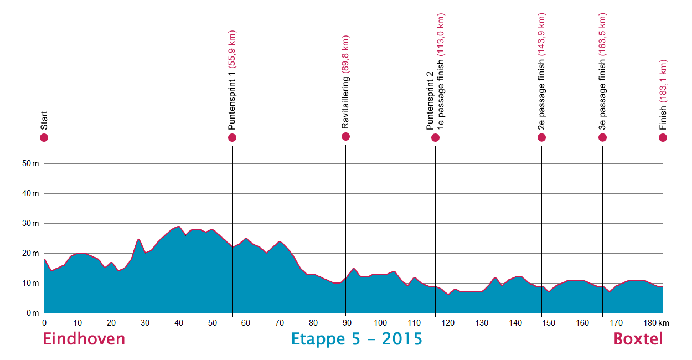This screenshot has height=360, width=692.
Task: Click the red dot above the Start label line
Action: coord(44,137)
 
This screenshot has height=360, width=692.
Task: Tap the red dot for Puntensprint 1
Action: coord(232,137)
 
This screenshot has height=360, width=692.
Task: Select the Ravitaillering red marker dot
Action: coord(345,136)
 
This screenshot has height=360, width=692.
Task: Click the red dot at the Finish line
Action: coord(663,137)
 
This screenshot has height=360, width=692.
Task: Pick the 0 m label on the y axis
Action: coord(34,313)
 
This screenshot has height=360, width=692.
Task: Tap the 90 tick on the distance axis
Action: coord(345,322)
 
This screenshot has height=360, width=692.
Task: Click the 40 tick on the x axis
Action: coord(178,322)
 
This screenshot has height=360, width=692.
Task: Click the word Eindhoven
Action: coord(84,339)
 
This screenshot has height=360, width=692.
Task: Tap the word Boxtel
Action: coord(638,339)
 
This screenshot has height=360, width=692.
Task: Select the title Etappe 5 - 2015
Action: coord(357,339)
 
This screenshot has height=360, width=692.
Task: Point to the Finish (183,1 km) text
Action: coord(663,94)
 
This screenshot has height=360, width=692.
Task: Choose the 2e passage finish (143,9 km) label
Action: coord(541,72)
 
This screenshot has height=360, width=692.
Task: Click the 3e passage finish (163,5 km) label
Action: coord(603,72)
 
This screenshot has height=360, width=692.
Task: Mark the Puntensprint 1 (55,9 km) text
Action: coord(232,80)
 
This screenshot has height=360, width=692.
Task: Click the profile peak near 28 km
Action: coord(138,239)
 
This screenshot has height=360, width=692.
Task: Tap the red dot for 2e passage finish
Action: coord(541,137)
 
